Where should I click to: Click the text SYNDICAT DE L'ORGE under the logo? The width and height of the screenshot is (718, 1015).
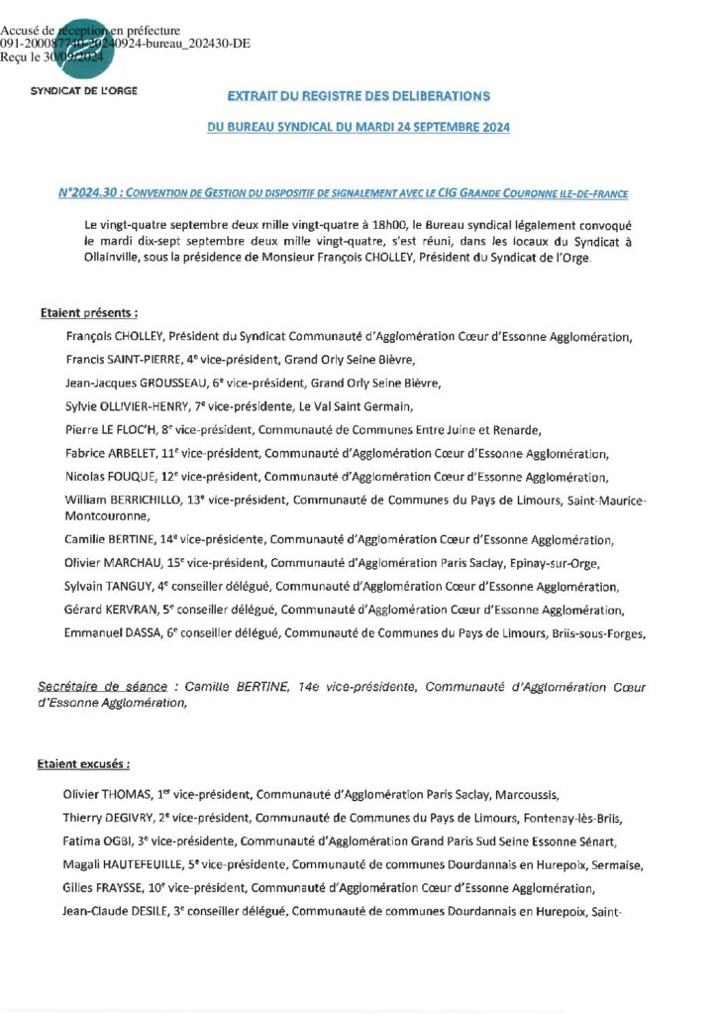(84, 90)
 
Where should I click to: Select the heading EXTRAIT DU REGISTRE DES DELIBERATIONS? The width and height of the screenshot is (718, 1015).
(359, 96)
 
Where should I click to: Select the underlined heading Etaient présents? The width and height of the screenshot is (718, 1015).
(88, 313)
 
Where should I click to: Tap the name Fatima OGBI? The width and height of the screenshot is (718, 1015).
(98, 842)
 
